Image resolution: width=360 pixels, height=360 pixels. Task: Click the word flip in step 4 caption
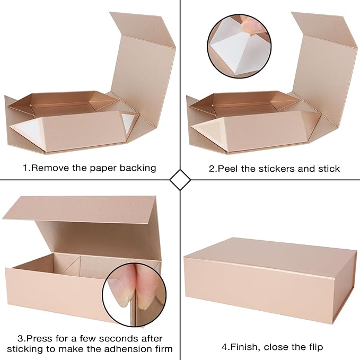click(313, 347)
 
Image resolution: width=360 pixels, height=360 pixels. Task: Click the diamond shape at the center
click(180, 180)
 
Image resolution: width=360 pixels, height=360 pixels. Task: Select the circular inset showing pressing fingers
click(130, 293)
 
